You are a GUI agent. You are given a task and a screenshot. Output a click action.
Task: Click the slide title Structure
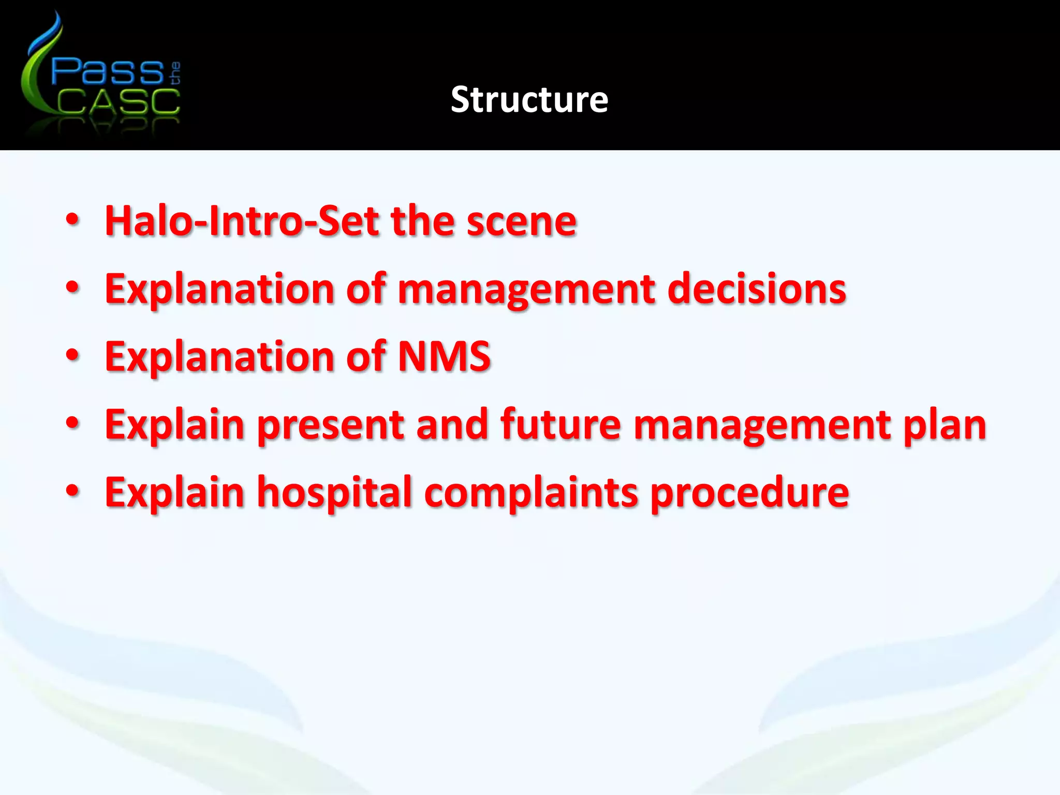[529, 99]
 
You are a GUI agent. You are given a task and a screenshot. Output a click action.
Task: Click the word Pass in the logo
[107, 71]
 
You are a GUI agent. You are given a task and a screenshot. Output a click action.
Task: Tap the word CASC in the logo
[118, 101]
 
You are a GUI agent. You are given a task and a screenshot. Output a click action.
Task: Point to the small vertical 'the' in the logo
[175, 73]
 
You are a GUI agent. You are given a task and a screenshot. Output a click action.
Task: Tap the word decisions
[757, 289]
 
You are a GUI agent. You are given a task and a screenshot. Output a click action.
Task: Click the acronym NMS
[444, 356]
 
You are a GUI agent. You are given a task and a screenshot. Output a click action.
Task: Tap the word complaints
[531, 493]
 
